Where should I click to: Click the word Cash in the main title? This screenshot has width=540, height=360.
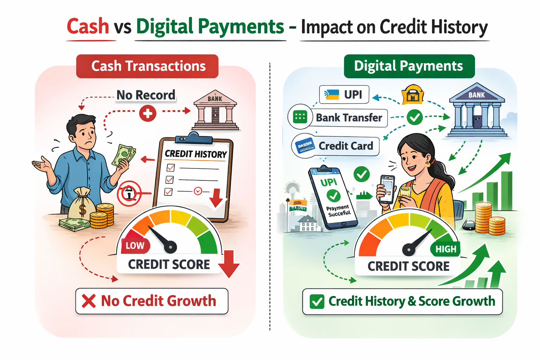coord(88,27)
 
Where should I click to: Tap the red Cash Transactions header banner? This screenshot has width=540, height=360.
coord(148,66)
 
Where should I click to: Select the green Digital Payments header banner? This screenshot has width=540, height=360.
coord(409,66)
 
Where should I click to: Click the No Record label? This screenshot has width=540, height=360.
coord(146,95)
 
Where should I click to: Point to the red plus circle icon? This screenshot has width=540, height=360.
coord(148,113)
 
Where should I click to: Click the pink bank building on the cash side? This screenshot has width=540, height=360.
coord(215,111)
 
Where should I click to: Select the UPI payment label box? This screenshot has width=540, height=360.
coord(344,95)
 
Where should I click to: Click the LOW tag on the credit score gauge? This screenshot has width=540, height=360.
coord(135,245)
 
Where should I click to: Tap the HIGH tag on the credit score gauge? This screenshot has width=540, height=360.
coord(445,249)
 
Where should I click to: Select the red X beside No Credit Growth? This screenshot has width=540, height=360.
coord(89,301)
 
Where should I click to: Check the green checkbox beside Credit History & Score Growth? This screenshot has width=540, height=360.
coord(317,302)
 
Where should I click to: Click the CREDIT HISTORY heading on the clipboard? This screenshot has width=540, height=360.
coord(196,154)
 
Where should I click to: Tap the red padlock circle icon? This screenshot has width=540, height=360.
coord(129,193)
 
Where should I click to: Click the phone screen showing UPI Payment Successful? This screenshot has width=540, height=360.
coord(333,199)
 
